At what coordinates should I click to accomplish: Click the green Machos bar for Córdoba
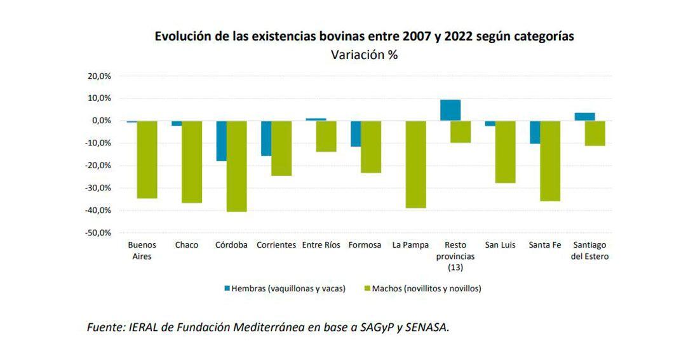click(237, 166)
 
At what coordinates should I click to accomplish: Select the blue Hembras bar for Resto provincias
click(450, 110)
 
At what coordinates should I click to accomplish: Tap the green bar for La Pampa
click(416, 164)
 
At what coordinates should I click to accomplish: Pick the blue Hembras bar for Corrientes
click(266, 138)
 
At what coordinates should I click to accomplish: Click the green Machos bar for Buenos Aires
click(147, 159)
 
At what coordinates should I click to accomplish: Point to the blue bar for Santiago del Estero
click(584, 117)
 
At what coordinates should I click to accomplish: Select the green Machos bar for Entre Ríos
click(326, 136)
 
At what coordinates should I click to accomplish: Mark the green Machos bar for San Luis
click(505, 152)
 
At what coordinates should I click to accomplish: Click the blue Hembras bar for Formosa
click(356, 133)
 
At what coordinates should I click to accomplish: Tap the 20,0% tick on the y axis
click(99, 76)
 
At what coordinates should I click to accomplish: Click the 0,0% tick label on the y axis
click(101, 121)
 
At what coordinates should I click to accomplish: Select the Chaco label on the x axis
click(187, 245)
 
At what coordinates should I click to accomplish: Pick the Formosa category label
click(365, 245)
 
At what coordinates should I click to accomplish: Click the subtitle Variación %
click(364, 55)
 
